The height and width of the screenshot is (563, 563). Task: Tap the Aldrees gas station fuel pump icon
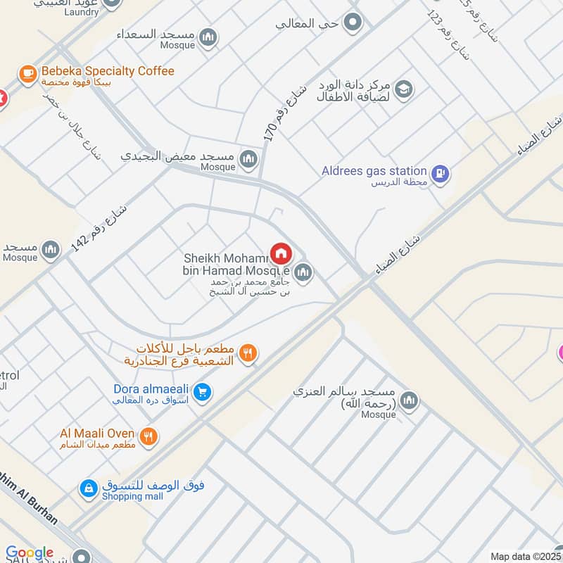(441, 173)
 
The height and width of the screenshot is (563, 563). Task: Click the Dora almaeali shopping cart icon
(202, 393)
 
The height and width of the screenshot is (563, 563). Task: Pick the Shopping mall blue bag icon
(88, 488)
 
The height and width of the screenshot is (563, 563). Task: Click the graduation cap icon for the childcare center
(403, 89)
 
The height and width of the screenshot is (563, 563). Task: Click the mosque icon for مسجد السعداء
(208, 37)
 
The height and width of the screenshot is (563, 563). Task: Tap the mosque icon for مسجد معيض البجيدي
(248, 160)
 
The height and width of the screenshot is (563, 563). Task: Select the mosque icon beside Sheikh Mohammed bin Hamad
(303, 272)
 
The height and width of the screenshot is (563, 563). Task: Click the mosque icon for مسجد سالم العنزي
(410, 401)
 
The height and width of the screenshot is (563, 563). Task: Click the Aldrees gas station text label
(374, 170)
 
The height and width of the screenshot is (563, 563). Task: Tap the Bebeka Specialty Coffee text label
(108, 71)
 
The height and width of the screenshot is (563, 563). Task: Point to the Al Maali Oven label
(97, 433)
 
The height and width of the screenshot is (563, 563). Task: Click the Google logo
(29, 553)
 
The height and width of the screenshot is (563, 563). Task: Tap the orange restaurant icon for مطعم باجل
(247, 353)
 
